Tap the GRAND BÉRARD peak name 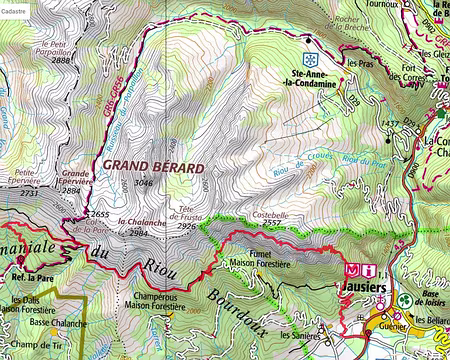[x=148, y=166]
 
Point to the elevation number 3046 [x=144, y=183]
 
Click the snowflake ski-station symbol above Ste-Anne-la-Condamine [x=310, y=46]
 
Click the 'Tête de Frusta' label [x=187, y=214]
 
